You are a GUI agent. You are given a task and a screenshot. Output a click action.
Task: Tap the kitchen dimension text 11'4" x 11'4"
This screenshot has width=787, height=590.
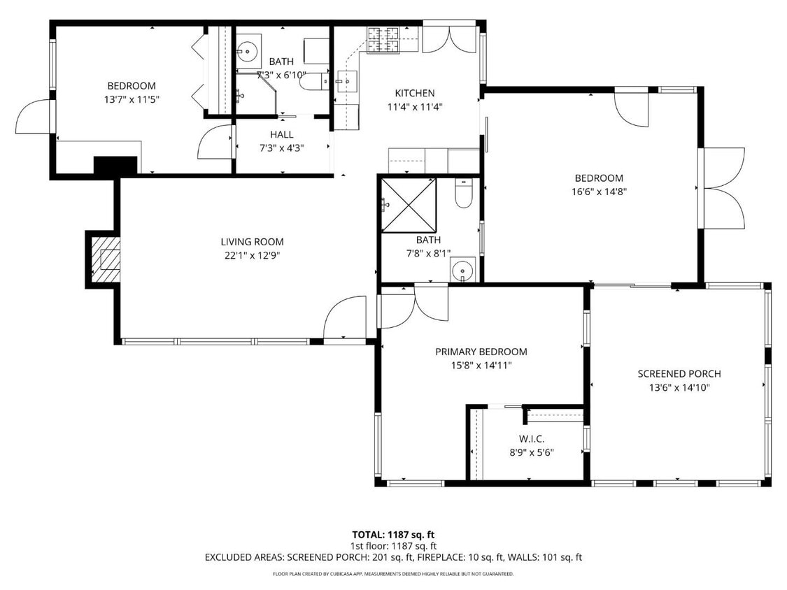point(415,107)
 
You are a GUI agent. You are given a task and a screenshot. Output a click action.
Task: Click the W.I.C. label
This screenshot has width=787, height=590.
point(532,439)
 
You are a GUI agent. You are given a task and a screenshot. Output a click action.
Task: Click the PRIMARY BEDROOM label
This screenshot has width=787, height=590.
point(481,352)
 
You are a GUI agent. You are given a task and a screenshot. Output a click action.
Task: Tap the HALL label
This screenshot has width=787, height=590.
point(281,134)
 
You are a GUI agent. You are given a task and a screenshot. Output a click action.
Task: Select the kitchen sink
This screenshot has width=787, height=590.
point(344,82)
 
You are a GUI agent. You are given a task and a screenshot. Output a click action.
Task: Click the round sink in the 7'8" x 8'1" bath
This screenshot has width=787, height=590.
point(462,269)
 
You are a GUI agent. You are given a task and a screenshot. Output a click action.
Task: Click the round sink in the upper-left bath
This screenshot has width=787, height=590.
point(246,50)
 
